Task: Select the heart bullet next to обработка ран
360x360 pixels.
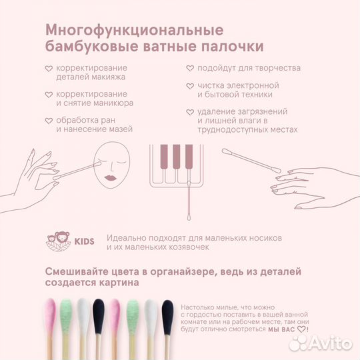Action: click(x=49, y=121)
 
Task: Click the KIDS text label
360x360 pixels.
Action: click(x=85, y=241)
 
